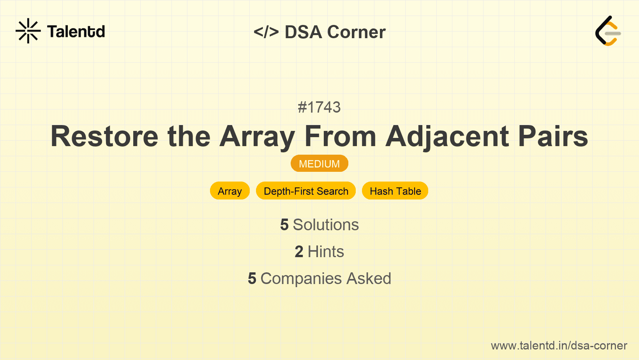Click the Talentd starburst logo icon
(28, 31)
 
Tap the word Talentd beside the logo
(76, 32)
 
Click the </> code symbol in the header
(266, 32)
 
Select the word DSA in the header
(304, 32)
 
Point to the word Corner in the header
(357, 32)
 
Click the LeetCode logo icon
(608, 31)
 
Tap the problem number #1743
(319, 107)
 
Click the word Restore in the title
(104, 136)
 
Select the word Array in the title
(257, 136)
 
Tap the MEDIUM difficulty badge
(319, 164)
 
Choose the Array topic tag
(230, 191)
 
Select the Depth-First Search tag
(306, 191)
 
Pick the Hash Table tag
(395, 191)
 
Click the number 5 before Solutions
(284, 225)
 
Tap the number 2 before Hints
(299, 252)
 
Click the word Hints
(326, 252)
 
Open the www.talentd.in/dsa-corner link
(559, 346)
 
